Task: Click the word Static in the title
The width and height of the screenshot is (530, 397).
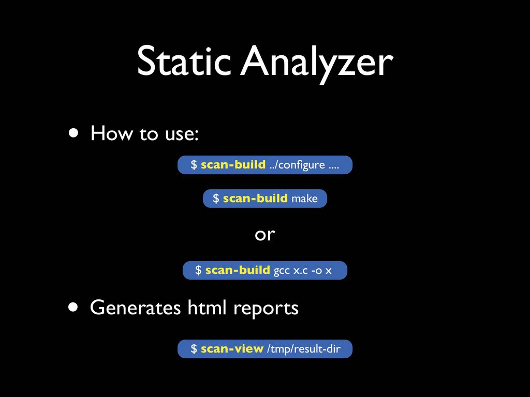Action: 184,61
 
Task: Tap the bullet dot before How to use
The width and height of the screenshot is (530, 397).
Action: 73,133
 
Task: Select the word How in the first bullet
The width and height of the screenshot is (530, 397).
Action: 111,133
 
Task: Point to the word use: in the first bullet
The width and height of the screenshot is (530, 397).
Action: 182,134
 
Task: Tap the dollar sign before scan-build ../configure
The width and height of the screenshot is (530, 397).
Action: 194,165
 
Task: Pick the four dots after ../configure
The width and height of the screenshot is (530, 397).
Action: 334,167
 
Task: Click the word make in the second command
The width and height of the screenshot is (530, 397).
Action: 304,198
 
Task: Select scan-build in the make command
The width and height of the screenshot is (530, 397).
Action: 255,198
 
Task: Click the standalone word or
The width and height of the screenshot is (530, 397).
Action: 265,234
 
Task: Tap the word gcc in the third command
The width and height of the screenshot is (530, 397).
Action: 282,271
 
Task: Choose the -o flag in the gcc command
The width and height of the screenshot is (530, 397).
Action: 317,271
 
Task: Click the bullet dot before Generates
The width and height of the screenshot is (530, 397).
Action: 73,307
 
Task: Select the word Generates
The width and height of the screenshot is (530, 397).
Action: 135,308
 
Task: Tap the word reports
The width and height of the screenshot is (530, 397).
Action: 266,309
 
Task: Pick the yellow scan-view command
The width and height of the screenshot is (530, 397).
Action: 232,349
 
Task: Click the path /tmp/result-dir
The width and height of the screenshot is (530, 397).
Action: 303,349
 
